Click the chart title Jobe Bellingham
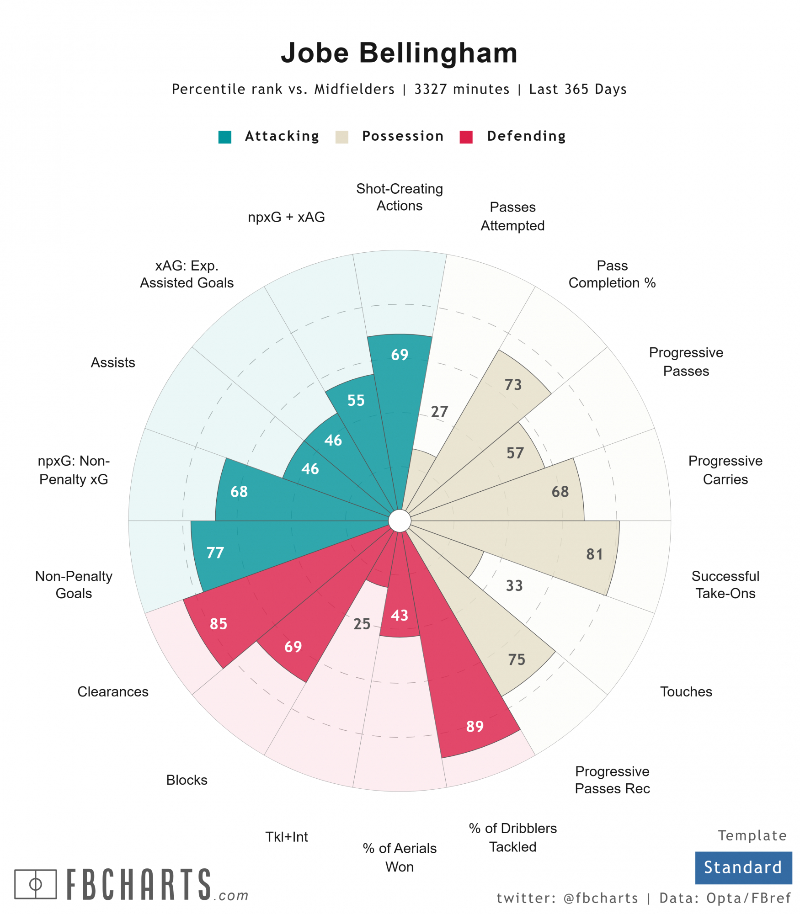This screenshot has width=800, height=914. (399, 53)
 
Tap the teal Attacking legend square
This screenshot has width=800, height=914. (224, 137)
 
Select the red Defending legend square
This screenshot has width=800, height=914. (466, 137)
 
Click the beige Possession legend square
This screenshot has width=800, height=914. (341, 137)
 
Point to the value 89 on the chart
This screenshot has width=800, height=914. (475, 726)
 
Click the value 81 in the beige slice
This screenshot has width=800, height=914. (594, 554)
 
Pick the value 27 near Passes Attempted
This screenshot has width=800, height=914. (439, 412)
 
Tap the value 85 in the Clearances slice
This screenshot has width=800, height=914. (219, 624)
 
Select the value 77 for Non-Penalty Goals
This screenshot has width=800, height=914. (215, 553)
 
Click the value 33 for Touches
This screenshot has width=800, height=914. (514, 585)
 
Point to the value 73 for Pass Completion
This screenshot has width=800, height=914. (513, 385)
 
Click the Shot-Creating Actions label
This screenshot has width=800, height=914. (399, 197)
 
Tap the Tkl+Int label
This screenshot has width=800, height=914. (287, 837)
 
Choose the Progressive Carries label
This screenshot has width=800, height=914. (725, 470)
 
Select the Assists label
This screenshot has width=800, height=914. (113, 362)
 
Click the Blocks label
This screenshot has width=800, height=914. (187, 780)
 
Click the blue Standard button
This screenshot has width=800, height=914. (743, 867)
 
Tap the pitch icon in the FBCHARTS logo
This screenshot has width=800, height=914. (36, 884)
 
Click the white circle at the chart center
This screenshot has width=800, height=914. (400, 521)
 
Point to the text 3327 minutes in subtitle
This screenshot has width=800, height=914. (462, 89)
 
